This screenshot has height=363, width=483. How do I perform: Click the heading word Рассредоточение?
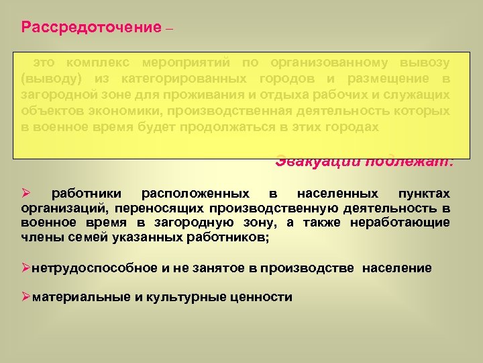click(x=91, y=28)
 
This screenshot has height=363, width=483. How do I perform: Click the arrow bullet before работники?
click(x=27, y=193)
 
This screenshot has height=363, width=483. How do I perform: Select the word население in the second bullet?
click(x=397, y=268)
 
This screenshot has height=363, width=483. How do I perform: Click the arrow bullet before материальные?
click(x=27, y=296)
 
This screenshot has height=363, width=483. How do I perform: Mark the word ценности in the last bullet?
click(x=261, y=296)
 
